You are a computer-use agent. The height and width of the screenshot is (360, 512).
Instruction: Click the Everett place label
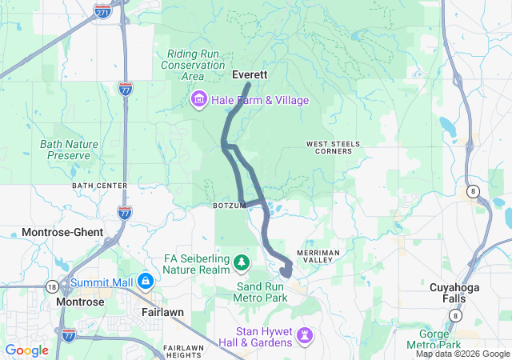(x=249, y=74)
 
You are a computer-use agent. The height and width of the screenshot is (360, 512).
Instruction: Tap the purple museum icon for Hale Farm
(x=198, y=100)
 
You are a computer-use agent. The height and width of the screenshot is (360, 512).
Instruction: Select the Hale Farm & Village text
(x=258, y=100)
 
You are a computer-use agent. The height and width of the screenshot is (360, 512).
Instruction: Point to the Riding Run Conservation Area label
(x=192, y=65)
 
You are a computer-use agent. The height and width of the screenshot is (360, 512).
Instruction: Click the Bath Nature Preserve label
(x=69, y=150)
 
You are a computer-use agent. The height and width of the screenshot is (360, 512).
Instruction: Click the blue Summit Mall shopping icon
(x=145, y=282)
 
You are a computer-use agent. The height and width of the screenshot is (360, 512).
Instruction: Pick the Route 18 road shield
(x=52, y=286)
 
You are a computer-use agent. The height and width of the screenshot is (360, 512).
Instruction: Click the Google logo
(x=26, y=350)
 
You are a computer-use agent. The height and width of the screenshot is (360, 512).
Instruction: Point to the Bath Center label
(x=100, y=186)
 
